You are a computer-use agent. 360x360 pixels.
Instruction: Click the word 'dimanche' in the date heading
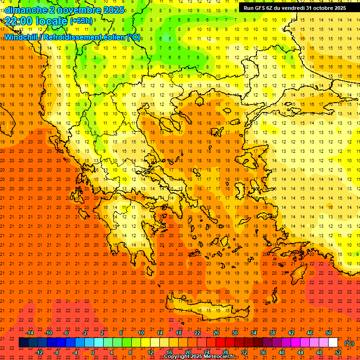(x=25, y=10)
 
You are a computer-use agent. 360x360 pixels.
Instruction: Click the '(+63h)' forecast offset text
(x=81, y=21)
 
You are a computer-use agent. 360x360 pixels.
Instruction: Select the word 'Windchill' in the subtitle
(x=22, y=37)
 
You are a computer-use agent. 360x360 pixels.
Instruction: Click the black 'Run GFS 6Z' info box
(x=292, y=8)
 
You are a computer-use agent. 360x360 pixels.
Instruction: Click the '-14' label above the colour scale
(x=30, y=333)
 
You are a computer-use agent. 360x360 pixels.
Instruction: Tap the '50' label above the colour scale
(x=328, y=333)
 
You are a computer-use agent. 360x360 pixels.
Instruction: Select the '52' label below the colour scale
(x=337, y=352)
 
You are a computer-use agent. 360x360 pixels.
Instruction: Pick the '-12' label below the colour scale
(x=39, y=352)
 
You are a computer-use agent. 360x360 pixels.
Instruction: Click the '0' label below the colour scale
(x=93, y=352)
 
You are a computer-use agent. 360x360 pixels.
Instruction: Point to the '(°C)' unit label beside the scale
(x=349, y=343)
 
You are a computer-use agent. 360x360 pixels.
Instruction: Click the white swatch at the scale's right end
(x=333, y=343)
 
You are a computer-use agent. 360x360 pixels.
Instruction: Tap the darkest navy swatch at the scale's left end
(x=23, y=343)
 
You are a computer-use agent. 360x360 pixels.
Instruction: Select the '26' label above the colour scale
(x=216, y=333)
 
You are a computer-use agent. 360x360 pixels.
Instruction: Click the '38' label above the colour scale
(x=272, y=333)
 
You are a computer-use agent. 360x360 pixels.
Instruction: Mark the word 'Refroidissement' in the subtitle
(x=72, y=37)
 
